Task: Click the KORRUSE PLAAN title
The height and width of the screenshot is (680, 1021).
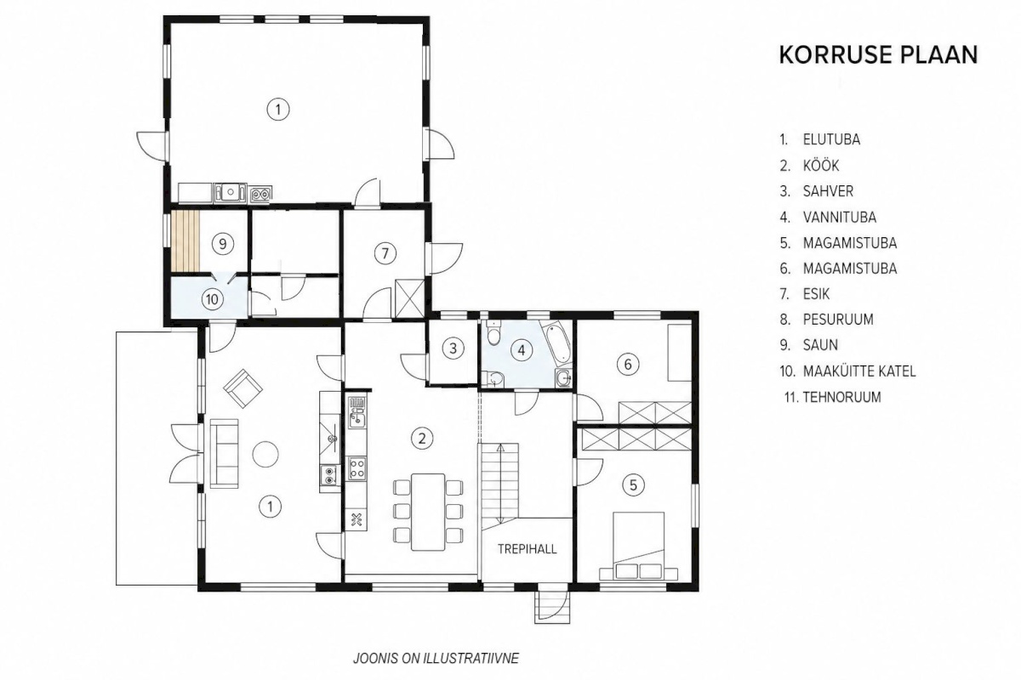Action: coord(878,55)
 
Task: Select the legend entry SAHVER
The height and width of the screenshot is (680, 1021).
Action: coord(828,191)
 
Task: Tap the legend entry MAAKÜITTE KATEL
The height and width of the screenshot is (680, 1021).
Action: coord(859,371)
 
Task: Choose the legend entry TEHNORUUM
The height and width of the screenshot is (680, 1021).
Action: coord(841,397)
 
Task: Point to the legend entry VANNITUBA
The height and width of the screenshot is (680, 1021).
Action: coord(840,218)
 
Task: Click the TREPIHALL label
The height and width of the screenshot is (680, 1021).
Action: coord(528,549)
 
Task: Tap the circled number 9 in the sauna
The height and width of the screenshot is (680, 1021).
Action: coord(223,244)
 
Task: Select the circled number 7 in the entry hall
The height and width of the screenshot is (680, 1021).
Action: coord(385,253)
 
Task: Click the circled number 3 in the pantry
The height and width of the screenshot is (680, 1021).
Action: coord(453,348)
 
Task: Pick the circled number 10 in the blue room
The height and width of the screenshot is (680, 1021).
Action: coord(213,299)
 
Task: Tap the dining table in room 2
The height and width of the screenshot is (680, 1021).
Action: coord(428,512)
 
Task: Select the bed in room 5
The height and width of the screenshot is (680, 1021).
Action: coord(637,546)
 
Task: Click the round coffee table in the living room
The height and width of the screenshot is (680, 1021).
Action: coord(265,454)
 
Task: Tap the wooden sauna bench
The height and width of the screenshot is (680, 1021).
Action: coord(185,241)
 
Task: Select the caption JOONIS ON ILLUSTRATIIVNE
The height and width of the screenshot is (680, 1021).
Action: coord(436,658)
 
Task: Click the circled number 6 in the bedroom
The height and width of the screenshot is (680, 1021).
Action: coord(628,365)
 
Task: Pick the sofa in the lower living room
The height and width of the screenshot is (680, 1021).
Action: coord(225,454)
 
